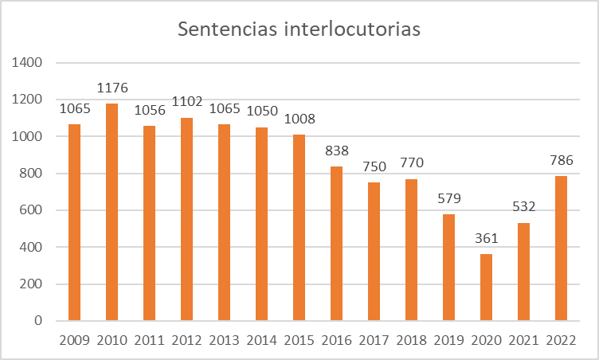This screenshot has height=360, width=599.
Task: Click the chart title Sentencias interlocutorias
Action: pos(299,29)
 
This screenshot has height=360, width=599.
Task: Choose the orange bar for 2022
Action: pos(562,248)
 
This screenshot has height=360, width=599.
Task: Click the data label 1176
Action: pos(112,88)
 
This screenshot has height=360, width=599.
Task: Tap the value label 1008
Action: pos(299,119)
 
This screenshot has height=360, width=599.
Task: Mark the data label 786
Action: pos(562,161)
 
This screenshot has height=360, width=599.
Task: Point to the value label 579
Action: pos(449,199)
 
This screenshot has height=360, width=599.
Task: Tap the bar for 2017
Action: pos(374,252)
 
